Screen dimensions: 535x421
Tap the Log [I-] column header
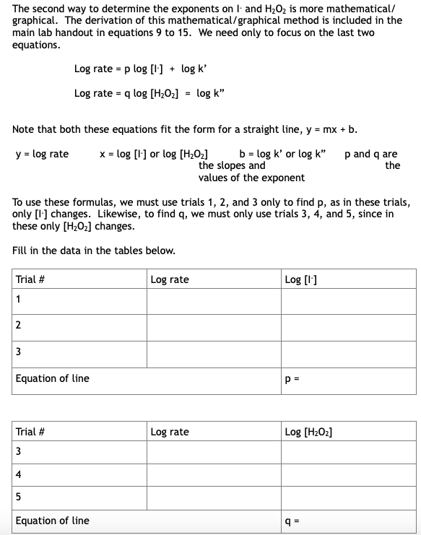(300, 279)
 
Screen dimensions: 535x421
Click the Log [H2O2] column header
(308, 432)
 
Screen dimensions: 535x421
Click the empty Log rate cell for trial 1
(214, 302)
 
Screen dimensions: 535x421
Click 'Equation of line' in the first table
(53, 378)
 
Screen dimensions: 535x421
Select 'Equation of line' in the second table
(53, 521)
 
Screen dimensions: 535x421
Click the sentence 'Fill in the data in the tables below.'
(94, 250)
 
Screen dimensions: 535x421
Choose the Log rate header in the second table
(170, 432)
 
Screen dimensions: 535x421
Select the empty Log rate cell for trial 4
(214, 474)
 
